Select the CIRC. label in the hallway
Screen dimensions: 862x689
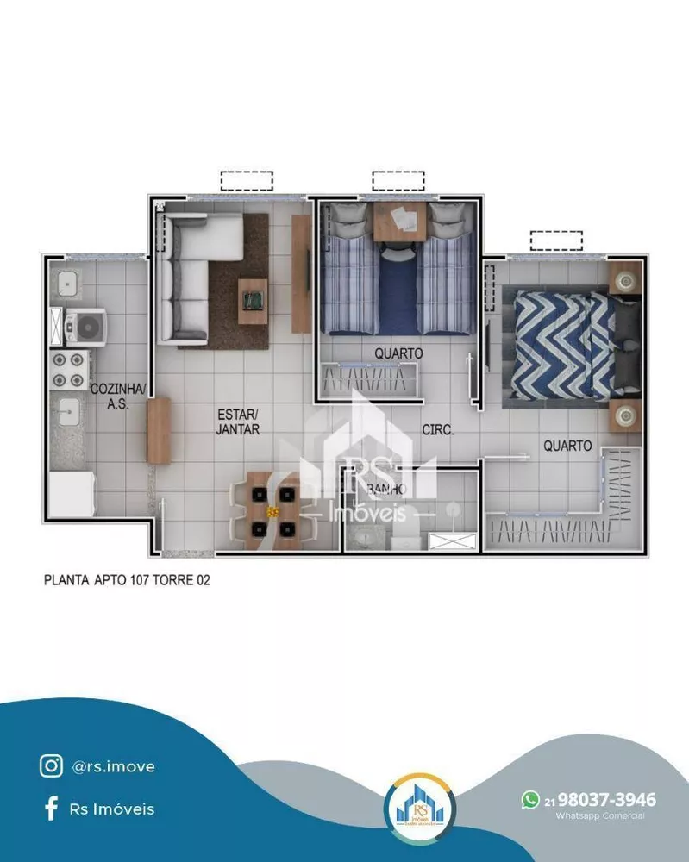tap(437, 428)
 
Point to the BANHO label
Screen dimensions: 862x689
tap(386, 490)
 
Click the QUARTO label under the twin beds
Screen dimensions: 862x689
tap(398, 353)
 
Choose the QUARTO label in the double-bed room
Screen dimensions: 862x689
tap(567, 446)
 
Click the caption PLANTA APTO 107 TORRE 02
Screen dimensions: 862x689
tap(127, 580)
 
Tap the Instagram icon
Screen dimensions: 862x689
tap(51, 765)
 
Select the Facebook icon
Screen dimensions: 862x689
tap(51, 809)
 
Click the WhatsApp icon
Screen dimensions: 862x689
tap(530, 800)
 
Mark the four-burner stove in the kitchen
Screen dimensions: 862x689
tap(68, 369)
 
